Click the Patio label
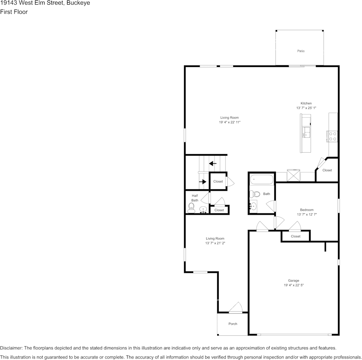tap(301, 51)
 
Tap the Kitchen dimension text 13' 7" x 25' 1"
tap(306, 108)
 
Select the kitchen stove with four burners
tap(332, 136)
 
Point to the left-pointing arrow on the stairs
tap(212, 164)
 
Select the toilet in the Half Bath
tap(191, 207)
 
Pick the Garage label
tap(293, 280)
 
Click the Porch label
tap(232, 324)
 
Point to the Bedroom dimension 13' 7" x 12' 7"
tap(307, 215)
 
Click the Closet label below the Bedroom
tap(295, 236)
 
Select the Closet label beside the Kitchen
tap(327, 170)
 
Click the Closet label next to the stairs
tap(218, 182)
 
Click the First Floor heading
tap(14, 12)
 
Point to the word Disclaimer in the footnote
tap(11, 348)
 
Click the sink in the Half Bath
tap(203, 209)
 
